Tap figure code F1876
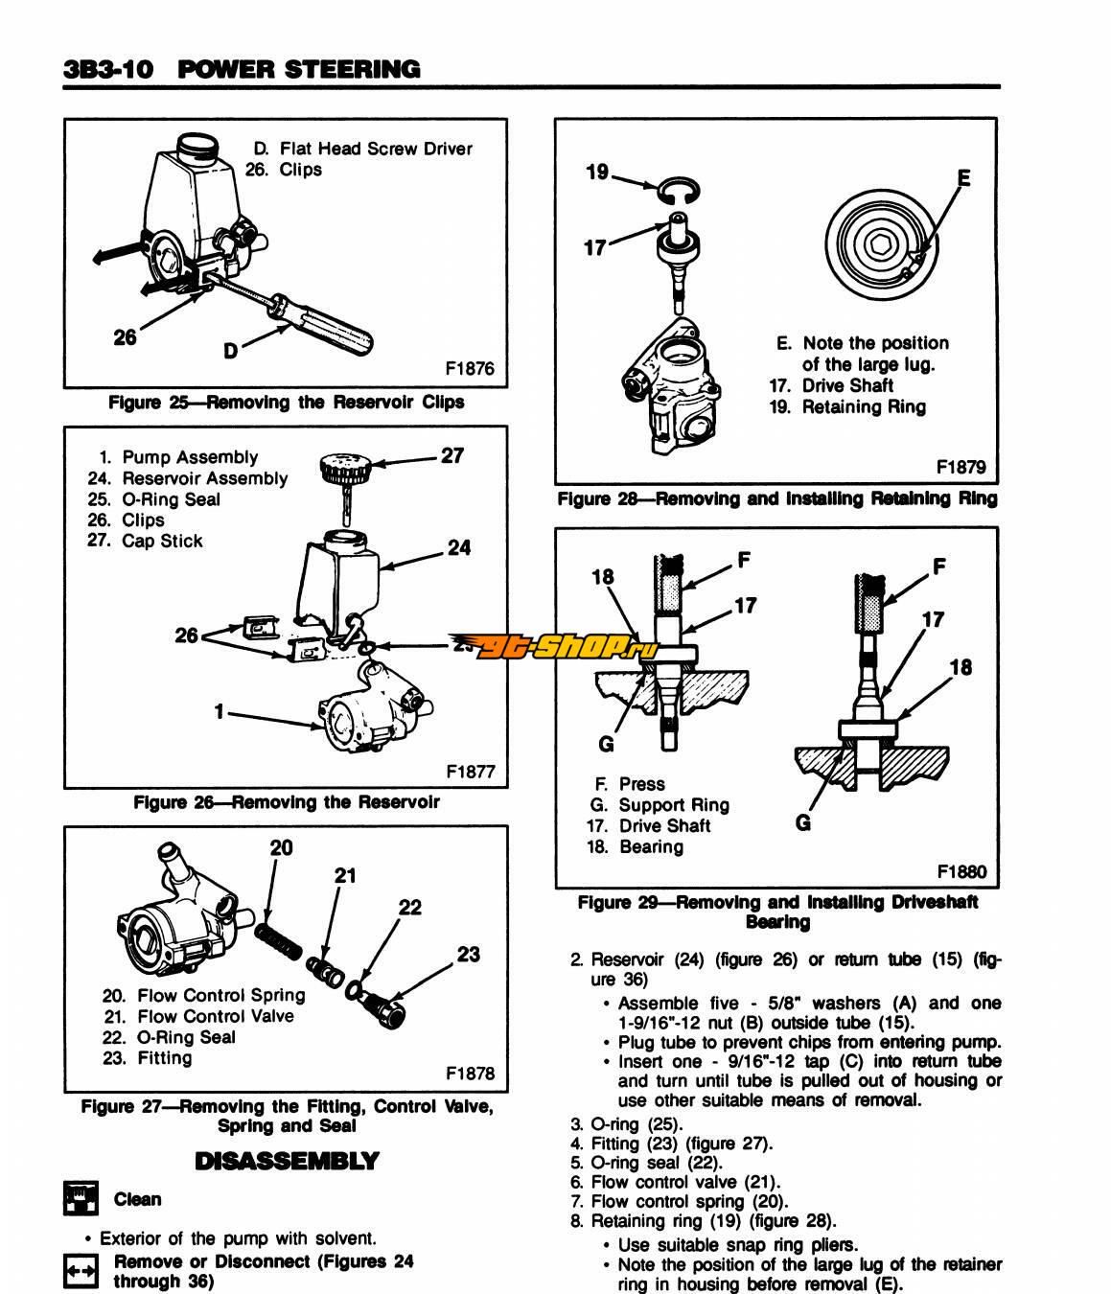click(x=469, y=369)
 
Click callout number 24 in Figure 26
click(x=459, y=548)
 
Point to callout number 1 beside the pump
click(x=220, y=711)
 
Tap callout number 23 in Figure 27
click(x=468, y=954)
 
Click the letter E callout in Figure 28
click(x=963, y=178)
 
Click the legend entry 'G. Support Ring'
click(x=660, y=805)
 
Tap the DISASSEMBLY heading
click(x=287, y=1162)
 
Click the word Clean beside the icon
click(x=137, y=1199)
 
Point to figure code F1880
click(x=961, y=871)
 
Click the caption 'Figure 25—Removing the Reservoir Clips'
click(x=286, y=403)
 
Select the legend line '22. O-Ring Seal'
click(x=169, y=1037)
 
